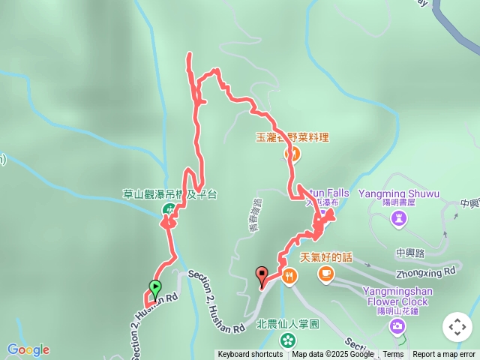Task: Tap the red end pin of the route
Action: (262, 275)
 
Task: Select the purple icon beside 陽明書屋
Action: (399, 218)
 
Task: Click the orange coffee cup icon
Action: (325, 274)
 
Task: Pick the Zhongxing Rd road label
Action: (428, 269)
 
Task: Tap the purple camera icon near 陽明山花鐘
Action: (397, 325)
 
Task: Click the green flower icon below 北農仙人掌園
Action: (288, 340)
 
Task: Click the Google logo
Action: (28, 349)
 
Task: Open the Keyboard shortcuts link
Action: (250, 355)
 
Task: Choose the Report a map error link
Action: (445, 355)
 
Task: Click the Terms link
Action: (393, 355)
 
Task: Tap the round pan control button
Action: (457, 327)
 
